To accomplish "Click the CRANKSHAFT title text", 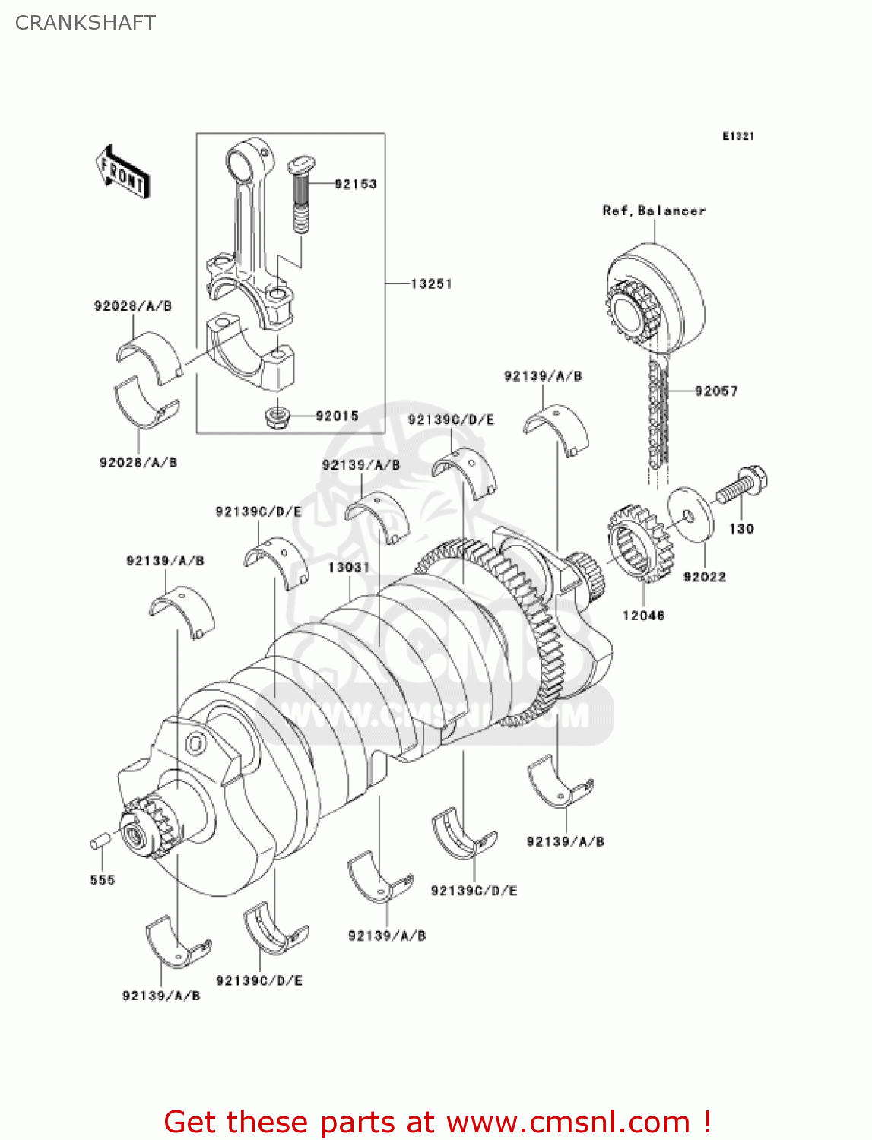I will click(85, 23).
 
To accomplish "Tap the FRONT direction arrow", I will click(122, 173).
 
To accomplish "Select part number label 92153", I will click(355, 184).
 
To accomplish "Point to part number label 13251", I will click(431, 283).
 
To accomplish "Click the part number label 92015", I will click(337, 416).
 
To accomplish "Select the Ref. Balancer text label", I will click(654, 211).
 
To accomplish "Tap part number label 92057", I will click(716, 391).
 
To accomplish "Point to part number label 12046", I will click(643, 615).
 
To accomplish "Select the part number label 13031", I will click(349, 567).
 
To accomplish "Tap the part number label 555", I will click(102, 880).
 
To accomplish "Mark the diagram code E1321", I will click(737, 136).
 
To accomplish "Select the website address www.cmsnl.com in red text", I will click(568, 1122).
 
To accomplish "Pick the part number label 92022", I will click(704, 577).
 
